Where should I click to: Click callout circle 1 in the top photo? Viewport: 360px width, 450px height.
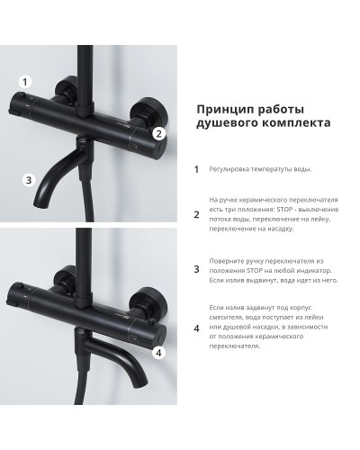[x=25, y=80]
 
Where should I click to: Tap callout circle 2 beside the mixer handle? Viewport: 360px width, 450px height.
[x=159, y=133]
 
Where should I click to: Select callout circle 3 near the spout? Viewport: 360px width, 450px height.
[x=29, y=180]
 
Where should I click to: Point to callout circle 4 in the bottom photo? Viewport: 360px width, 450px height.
[x=158, y=352]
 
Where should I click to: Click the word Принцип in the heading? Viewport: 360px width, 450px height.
[x=221, y=107]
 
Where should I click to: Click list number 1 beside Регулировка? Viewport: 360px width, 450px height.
[x=196, y=168]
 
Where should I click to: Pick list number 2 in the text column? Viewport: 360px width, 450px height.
[x=196, y=215]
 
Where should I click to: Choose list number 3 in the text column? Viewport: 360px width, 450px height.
[x=196, y=269]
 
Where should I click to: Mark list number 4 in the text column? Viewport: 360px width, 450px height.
[x=196, y=327]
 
